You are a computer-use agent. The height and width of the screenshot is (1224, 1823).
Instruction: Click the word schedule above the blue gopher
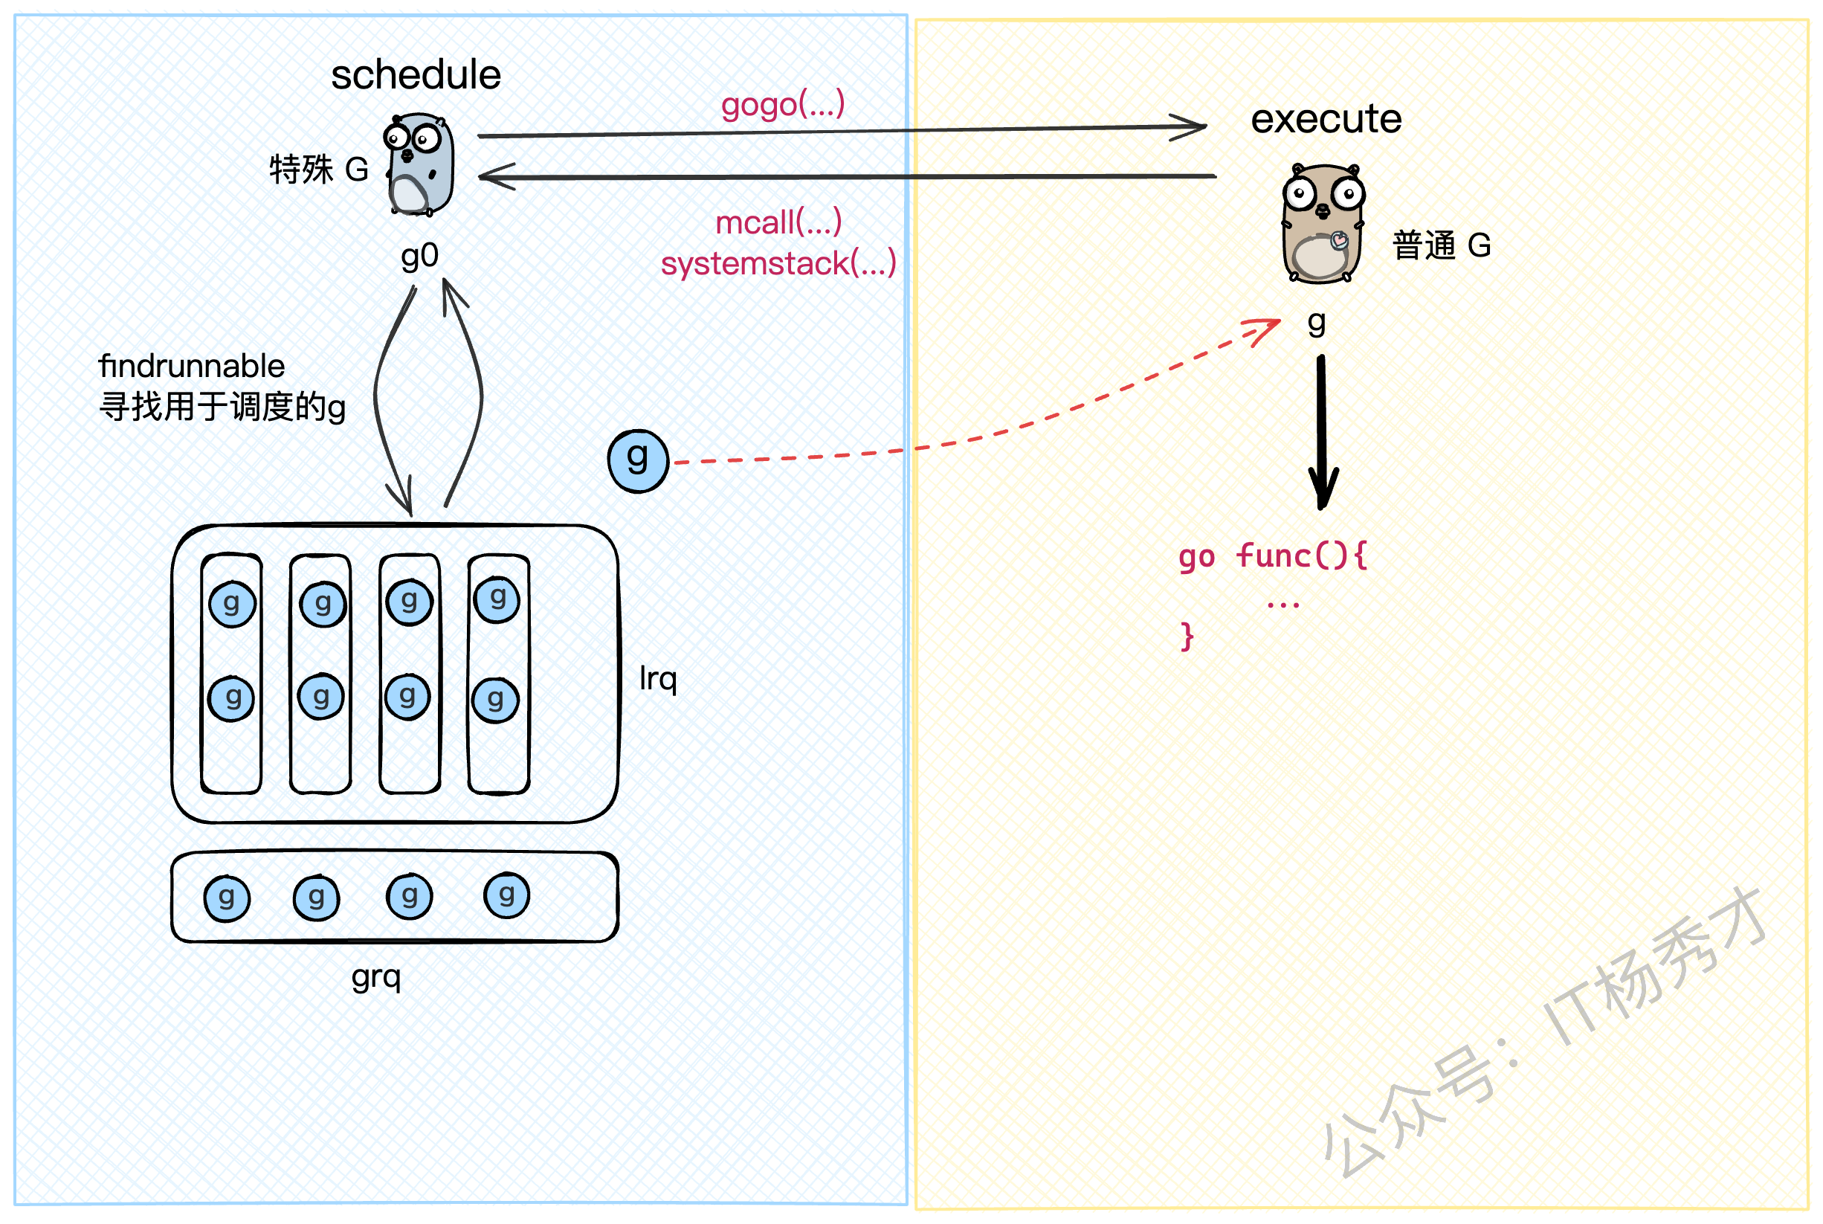pyautogui.click(x=415, y=76)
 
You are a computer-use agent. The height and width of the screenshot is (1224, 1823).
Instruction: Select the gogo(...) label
pyautogui.click(x=782, y=105)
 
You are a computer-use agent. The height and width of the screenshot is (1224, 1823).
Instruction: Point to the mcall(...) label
pyautogui.click(x=778, y=223)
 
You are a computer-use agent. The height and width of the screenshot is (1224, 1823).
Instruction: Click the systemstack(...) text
pyautogui.click(x=778, y=264)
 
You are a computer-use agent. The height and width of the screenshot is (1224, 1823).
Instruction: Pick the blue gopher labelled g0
pyautogui.click(x=420, y=164)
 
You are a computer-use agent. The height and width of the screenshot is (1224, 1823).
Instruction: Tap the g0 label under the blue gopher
pyautogui.click(x=420, y=256)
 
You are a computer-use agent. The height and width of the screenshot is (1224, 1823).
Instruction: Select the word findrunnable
pyautogui.click(x=192, y=366)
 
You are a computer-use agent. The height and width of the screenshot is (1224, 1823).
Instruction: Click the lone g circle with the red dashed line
pyautogui.click(x=639, y=460)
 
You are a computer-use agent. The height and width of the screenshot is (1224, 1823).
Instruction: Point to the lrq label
pyautogui.click(x=657, y=679)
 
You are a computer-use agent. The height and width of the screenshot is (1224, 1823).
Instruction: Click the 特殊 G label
pyautogui.click(x=318, y=170)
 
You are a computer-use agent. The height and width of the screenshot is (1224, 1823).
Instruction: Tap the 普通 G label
pyautogui.click(x=1441, y=246)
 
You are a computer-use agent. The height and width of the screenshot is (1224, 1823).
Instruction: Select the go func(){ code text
pyautogui.click(x=1272, y=556)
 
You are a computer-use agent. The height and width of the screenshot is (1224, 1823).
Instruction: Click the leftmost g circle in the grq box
pyautogui.click(x=226, y=898)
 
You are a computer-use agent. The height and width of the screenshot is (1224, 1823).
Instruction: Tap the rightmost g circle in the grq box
pyautogui.click(x=506, y=895)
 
